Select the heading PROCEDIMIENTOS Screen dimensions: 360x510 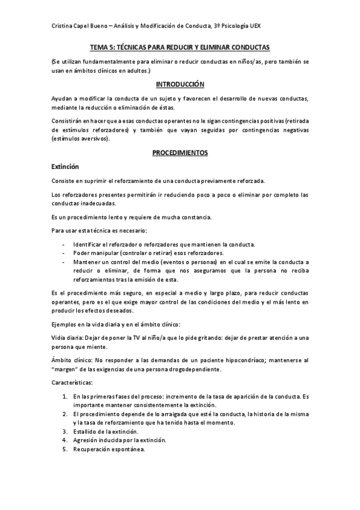pyautogui.click(x=180, y=153)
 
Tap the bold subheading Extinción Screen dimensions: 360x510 pyautogui.click(x=65, y=167)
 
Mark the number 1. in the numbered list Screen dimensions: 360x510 pyautogui.click(x=65, y=398)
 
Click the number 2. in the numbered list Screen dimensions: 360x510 pyautogui.click(x=65, y=415)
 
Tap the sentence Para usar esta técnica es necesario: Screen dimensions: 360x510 pyautogui.click(x=98, y=230)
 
